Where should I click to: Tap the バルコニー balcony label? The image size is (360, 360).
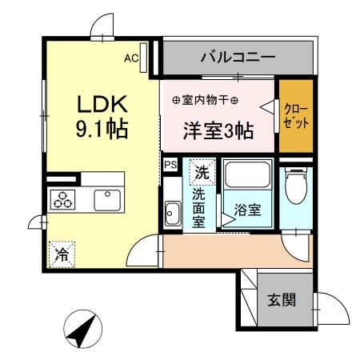pyautogui.click(x=238, y=58)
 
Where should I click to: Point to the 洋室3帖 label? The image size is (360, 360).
pyautogui.click(x=218, y=130)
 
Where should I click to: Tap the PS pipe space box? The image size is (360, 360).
pyautogui.click(x=170, y=164)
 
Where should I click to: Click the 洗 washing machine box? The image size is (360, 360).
pyautogui.click(x=202, y=170)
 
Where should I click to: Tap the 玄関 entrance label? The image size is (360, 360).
pyautogui.click(x=282, y=300)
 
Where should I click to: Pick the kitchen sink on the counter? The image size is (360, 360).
pyautogui.click(x=106, y=199)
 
